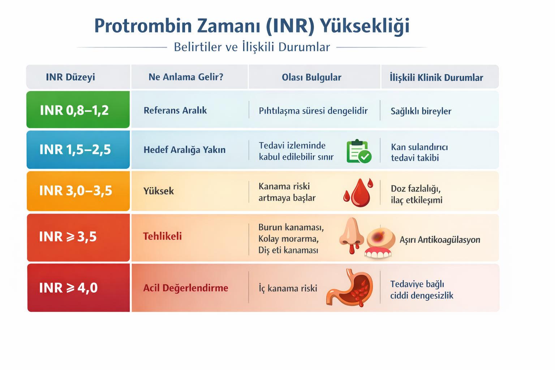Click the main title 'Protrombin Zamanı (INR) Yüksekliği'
coord(252,26)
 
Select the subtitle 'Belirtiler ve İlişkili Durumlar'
coord(252,47)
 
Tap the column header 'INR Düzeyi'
coord(70,77)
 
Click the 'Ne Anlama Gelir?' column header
coord(186,77)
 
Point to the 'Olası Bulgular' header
coord(311,77)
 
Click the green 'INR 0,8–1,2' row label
coord(74,110)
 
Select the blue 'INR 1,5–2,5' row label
coord(75,150)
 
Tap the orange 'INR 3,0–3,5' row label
coord(76,190)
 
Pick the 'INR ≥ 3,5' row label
coord(68,237)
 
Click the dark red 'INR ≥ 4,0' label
coord(68,288)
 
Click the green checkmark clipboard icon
coord(358,151)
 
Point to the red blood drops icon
coord(358,192)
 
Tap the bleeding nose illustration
coord(351,235)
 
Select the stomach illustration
coord(350,288)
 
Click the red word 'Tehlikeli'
coord(162,236)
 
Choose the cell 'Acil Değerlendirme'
coord(186,288)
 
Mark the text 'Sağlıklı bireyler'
coord(421,111)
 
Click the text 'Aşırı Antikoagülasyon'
coord(440,240)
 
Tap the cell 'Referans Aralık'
coord(175,111)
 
